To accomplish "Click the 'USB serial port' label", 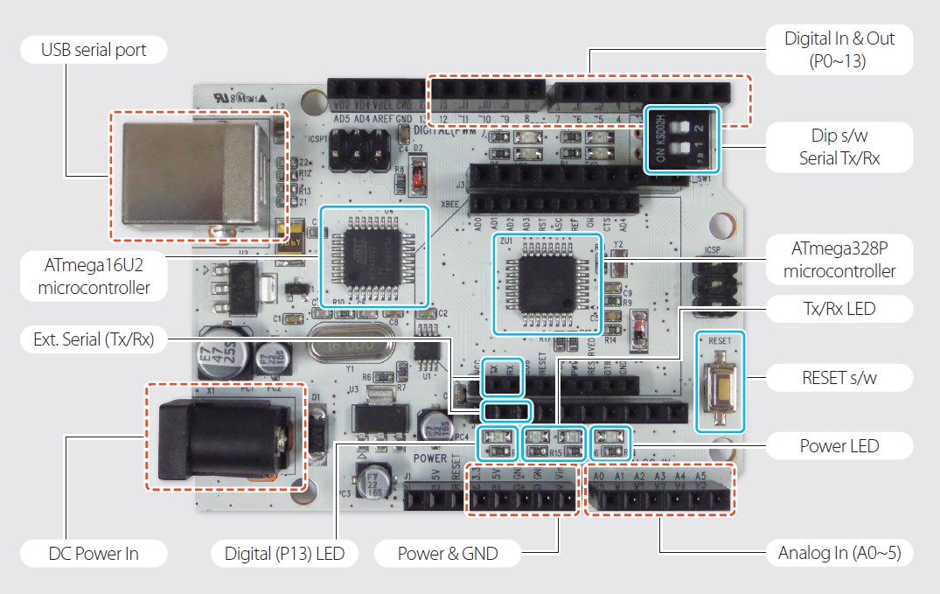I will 94,50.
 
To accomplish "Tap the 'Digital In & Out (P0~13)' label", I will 839,49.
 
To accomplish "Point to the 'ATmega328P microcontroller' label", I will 839,258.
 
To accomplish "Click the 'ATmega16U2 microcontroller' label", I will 94,276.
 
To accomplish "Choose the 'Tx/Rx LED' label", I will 839,308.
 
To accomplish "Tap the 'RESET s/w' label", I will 839,378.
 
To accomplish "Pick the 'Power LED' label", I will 839,446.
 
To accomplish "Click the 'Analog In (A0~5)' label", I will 839,553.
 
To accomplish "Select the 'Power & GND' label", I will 447,553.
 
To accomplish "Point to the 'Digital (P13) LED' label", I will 278,553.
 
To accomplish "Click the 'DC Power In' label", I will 94,553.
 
